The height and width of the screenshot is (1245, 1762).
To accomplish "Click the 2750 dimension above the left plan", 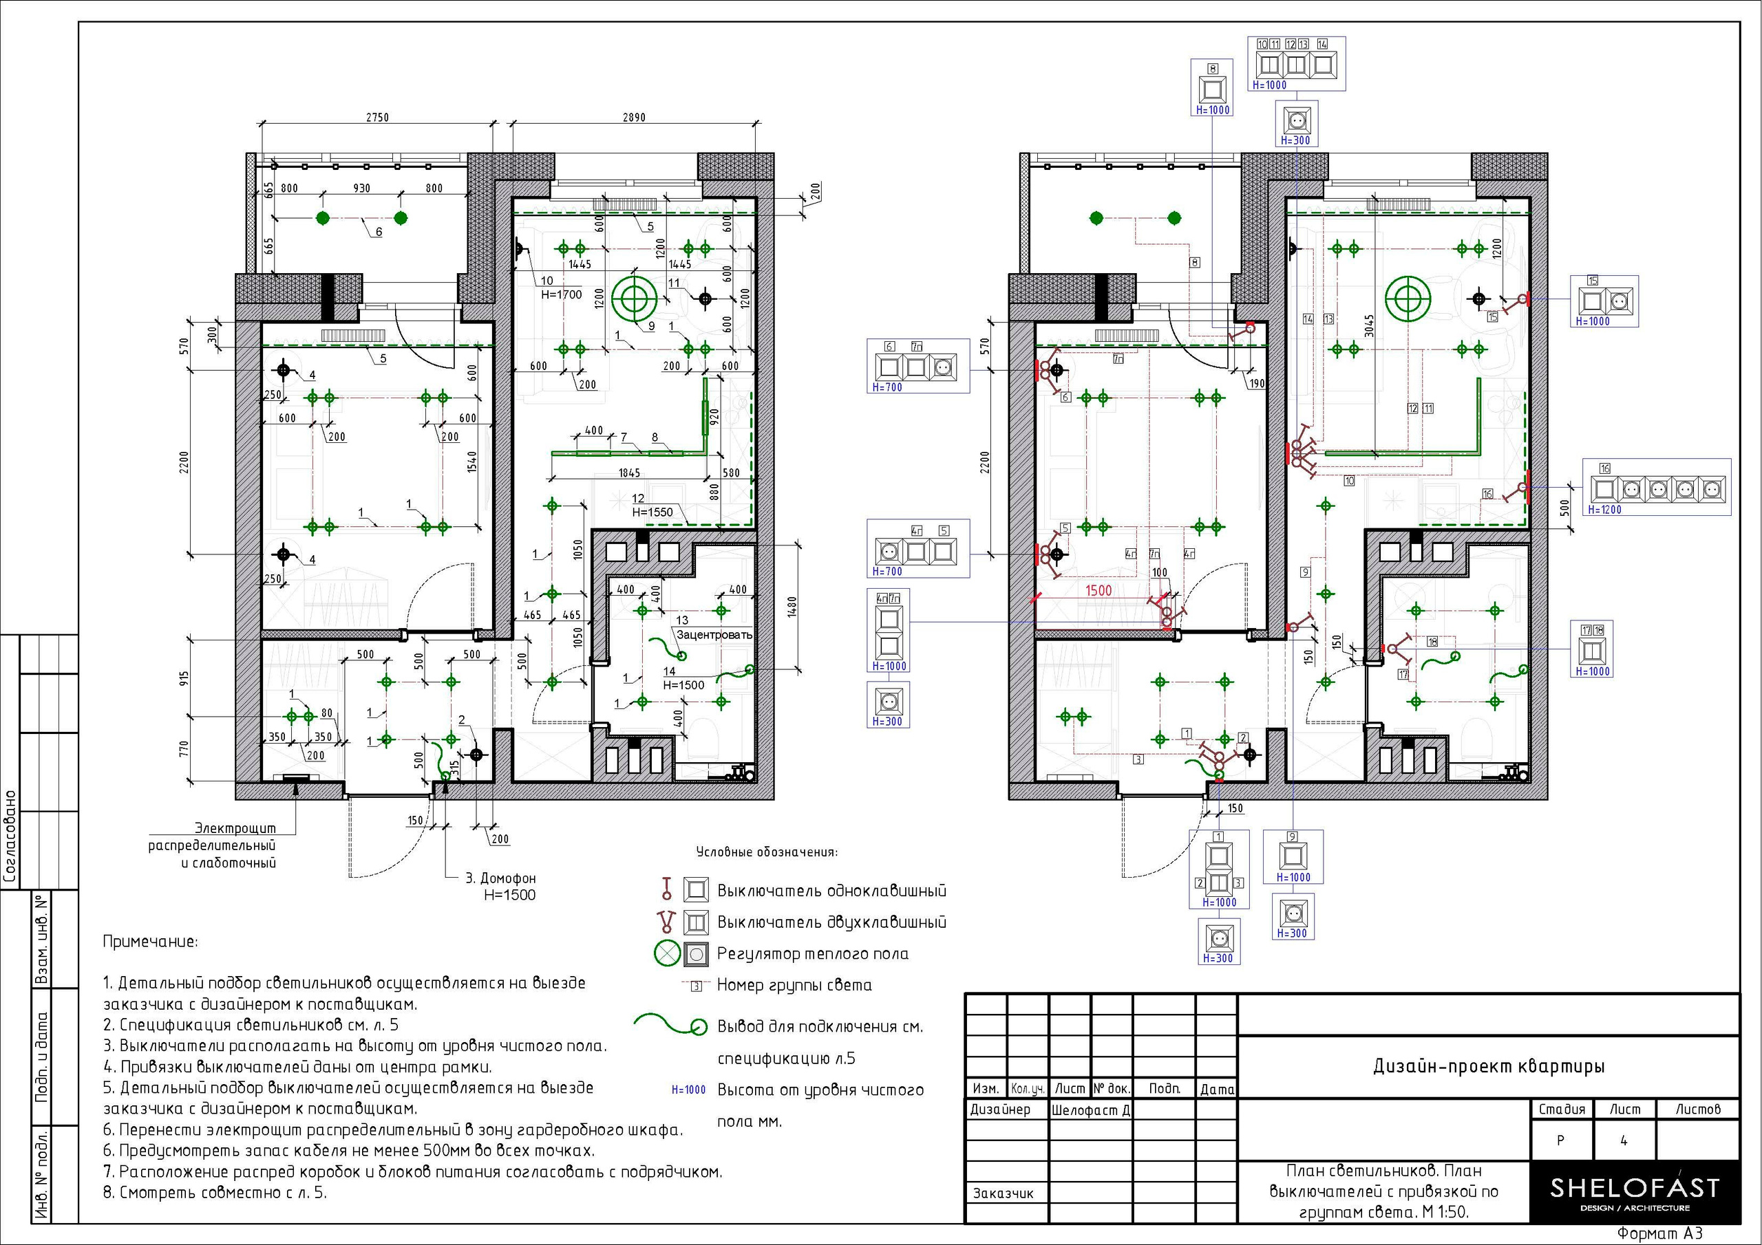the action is pos(376,118).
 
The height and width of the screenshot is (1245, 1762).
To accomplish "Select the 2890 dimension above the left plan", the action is pos(634,118).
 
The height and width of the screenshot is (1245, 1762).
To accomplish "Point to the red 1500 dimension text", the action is pos(1098,591).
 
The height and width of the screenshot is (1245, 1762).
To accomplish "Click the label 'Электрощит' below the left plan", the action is pos(246,828).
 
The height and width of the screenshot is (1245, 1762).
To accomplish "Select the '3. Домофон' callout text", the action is pos(500,878).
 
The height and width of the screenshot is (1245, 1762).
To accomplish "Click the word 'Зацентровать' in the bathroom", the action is pos(714,635).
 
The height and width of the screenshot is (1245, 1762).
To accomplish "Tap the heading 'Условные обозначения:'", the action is pos(767,852).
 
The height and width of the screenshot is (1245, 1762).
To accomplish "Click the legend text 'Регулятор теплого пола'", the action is pos(813,954).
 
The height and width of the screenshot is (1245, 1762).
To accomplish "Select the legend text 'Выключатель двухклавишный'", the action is pos(832,922).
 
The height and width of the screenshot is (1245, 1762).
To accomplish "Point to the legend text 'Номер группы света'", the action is pos(794,985).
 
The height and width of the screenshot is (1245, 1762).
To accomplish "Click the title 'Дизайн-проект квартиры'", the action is pos(1489,1066).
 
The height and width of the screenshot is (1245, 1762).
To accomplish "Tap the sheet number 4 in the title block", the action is pos(1624,1140).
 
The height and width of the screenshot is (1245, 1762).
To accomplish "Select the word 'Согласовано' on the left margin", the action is pos(11,836).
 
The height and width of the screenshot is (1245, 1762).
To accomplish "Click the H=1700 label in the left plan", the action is pos(562,294).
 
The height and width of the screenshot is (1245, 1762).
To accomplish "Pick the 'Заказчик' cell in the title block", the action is pos(1003,1193).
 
